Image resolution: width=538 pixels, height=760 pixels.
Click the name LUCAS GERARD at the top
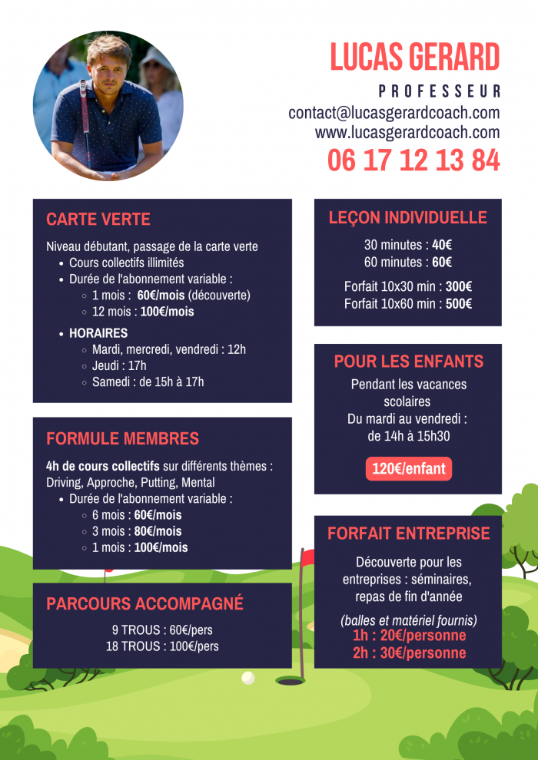(x=415, y=57)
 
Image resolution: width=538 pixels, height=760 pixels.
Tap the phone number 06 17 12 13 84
(x=413, y=160)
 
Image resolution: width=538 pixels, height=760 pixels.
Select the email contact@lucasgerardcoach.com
(x=394, y=113)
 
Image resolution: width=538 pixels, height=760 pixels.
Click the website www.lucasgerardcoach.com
(x=407, y=132)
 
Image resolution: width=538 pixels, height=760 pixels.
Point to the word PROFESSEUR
(x=440, y=91)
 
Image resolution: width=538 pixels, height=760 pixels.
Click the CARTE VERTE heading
(x=98, y=219)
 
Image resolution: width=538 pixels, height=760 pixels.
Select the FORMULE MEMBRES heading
(x=122, y=438)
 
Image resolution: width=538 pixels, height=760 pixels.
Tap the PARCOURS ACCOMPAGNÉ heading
(x=144, y=603)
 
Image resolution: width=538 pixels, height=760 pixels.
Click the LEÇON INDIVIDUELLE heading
(x=408, y=218)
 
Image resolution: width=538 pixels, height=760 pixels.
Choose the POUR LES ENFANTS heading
(x=408, y=362)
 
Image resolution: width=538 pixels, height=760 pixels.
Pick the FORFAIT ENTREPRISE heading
(x=408, y=534)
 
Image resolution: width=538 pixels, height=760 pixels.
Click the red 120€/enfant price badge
(x=408, y=469)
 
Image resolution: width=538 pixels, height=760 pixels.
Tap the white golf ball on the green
(x=248, y=678)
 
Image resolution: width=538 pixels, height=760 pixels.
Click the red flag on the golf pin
(x=307, y=558)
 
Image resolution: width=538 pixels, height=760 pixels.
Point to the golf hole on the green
(x=290, y=681)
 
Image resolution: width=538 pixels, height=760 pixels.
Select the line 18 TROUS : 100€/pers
(x=162, y=646)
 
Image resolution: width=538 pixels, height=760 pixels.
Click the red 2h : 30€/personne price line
(x=409, y=653)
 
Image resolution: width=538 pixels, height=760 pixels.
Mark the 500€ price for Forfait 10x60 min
(x=459, y=303)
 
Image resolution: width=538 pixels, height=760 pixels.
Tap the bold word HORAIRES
(x=98, y=333)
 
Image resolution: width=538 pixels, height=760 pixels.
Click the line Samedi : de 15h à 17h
(x=148, y=382)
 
